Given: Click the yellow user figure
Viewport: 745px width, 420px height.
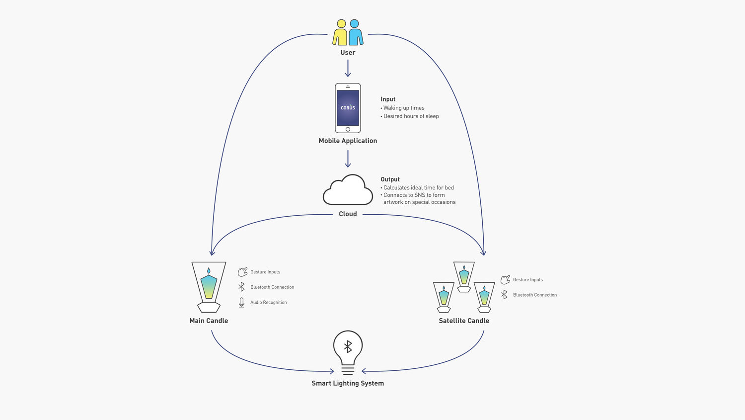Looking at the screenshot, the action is click(x=340, y=33).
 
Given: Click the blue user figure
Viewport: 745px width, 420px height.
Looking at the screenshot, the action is click(x=356, y=33).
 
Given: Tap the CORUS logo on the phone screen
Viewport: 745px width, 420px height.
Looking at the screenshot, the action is click(x=348, y=107).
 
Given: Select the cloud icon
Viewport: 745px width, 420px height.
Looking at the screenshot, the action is click(x=348, y=190).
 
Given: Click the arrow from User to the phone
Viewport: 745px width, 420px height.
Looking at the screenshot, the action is click(x=348, y=68).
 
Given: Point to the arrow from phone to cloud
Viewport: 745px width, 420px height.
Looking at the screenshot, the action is click(x=348, y=159).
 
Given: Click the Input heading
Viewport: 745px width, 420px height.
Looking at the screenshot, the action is click(x=388, y=99).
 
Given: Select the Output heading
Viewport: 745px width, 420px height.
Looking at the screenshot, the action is click(x=390, y=179).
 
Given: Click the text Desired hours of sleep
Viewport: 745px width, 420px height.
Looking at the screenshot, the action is click(x=411, y=116).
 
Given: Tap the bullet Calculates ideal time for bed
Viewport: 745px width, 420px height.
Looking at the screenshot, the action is click(x=417, y=188).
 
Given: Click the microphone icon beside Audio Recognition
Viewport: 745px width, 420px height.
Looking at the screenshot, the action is click(x=241, y=303).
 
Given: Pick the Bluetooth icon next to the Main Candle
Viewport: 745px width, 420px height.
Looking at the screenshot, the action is click(x=241, y=287).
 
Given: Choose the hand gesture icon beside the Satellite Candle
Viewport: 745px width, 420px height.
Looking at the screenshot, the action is click(x=506, y=279).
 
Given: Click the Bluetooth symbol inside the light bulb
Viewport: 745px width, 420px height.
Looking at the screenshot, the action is click(x=348, y=346).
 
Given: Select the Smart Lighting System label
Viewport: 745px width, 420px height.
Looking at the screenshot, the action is click(x=348, y=383).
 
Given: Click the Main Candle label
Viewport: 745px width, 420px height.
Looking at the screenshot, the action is click(x=209, y=321).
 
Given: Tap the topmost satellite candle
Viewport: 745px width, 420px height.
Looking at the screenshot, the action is click(x=464, y=277).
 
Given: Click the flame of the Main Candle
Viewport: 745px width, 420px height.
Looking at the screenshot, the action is click(x=209, y=271).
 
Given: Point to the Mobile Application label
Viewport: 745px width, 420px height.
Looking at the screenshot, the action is click(x=348, y=141).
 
